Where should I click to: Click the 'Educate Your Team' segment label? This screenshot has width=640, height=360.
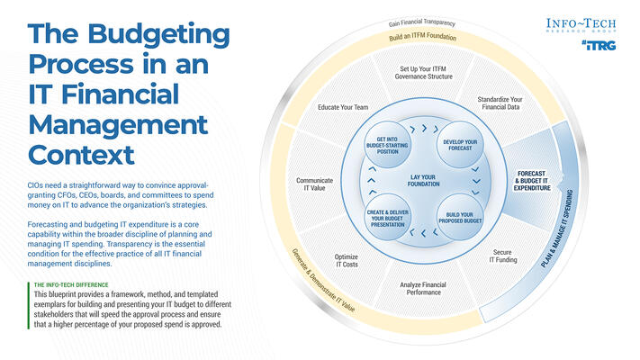coord(343,107)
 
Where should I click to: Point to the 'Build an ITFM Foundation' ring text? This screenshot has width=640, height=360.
coord(423,38)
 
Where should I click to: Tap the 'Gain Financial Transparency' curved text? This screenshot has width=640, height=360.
coord(422,21)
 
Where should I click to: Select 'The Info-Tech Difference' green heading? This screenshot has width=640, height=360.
coord(71,285)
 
